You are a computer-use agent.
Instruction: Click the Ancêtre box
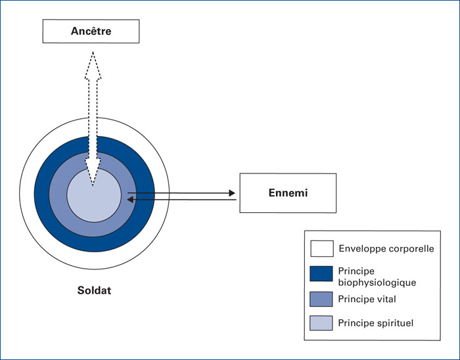(x=91, y=31)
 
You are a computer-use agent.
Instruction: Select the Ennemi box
(x=288, y=193)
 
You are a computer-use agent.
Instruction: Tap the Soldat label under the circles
(x=94, y=290)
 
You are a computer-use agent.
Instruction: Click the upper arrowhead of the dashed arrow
(x=93, y=65)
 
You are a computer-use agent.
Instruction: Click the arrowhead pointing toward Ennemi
(x=232, y=193)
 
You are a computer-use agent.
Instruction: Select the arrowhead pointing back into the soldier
(x=130, y=200)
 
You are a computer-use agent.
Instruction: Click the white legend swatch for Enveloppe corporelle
(x=322, y=248)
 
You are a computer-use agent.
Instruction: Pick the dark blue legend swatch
(x=321, y=274)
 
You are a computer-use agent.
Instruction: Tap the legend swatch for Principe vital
(x=321, y=299)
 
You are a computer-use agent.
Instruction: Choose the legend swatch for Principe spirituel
(x=321, y=323)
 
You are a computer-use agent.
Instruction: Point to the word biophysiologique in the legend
(x=377, y=282)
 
